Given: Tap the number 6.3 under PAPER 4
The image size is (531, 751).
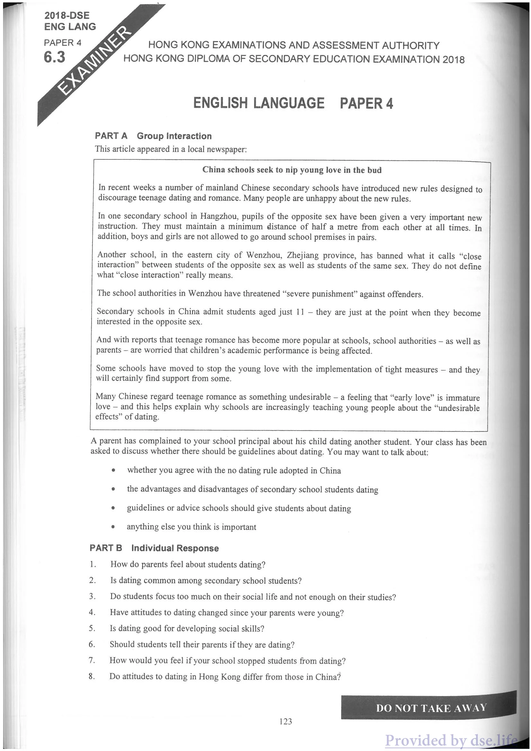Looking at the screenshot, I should (x=55, y=58).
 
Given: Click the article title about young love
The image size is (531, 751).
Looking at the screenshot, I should (x=292, y=170).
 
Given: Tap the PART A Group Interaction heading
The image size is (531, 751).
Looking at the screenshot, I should (x=153, y=136).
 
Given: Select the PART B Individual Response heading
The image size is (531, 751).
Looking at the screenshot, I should (x=154, y=548).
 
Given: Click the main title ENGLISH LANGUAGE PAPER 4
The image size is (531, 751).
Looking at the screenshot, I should (x=293, y=103).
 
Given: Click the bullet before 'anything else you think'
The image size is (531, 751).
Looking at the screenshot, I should (x=113, y=527).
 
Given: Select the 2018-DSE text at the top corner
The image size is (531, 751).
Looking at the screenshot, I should (x=67, y=15).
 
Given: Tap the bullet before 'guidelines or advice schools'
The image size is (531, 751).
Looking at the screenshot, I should (x=113, y=509).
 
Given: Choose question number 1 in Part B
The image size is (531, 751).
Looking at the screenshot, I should (x=93, y=564).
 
